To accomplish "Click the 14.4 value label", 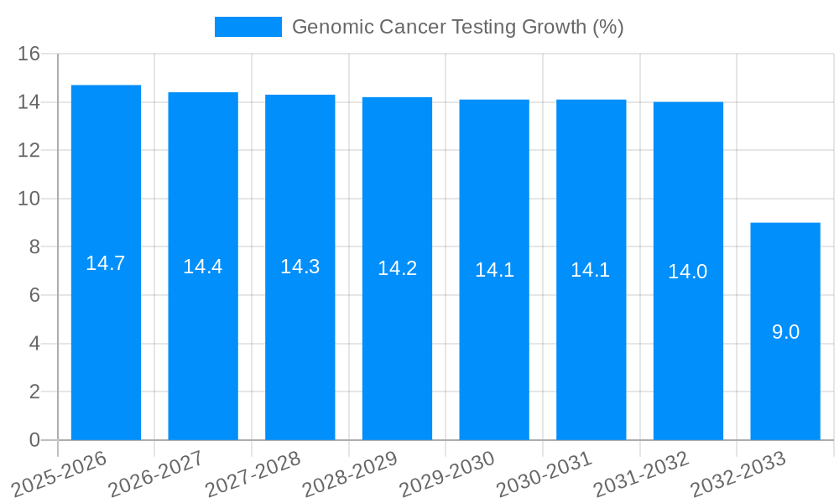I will (203, 267).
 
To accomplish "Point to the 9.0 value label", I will (785, 332).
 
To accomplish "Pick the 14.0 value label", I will (688, 272).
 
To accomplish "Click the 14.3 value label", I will (300, 267).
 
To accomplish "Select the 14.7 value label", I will (106, 263).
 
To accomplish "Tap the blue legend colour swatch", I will (248, 27).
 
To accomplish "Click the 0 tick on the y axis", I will (34, 440).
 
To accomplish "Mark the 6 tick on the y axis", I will (34, 295).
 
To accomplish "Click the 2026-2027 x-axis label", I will (155, 474).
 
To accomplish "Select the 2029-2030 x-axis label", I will (446, 474).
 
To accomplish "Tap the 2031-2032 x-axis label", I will (641, 474).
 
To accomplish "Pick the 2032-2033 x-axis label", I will (738, 474).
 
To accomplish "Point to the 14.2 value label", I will (397, 268).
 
